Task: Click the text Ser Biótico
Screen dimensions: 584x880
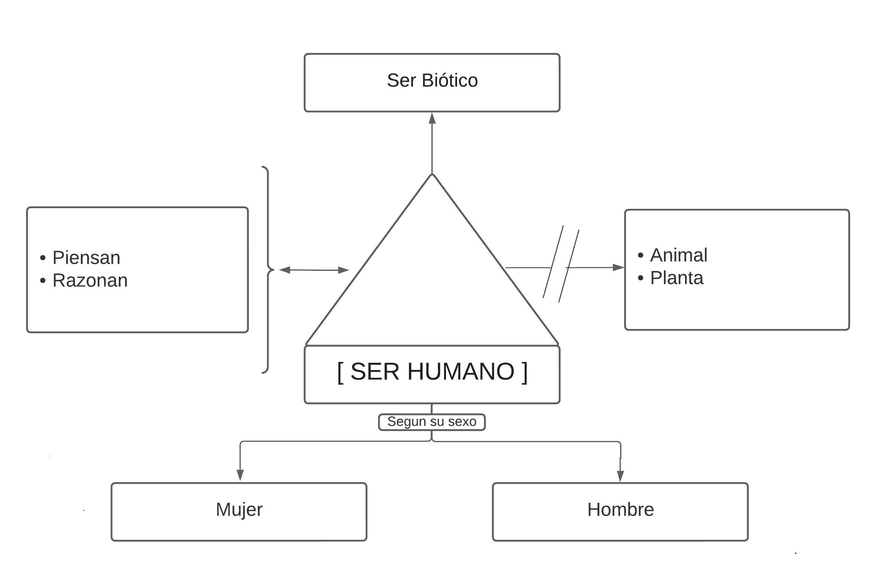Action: click(x=432, y=81)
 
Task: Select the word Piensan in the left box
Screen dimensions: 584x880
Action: click(x=86, y=258)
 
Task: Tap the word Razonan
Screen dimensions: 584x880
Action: click(x=90, y=280)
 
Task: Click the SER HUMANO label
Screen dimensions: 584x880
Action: click(x=432, y=371)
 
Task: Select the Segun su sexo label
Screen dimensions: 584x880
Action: click(x=432, y=422)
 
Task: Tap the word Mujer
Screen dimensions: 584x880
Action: click(x=239, y=510)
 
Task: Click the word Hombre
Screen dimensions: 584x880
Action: click(x=620, y=510)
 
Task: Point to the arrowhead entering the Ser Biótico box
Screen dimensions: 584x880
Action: click(x=432, y=119)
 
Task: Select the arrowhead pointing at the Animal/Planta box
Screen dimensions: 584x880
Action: click(x=618, y=267)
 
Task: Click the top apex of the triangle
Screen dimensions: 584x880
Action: click(x=432, y=175)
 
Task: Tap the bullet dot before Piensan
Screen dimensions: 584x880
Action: click(x=43, y=258)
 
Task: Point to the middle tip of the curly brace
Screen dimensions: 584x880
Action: click(x=273, y=269)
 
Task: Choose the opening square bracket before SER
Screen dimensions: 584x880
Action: click(x=340, y=372)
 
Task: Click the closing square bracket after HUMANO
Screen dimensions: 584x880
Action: click(x=525, y=372)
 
